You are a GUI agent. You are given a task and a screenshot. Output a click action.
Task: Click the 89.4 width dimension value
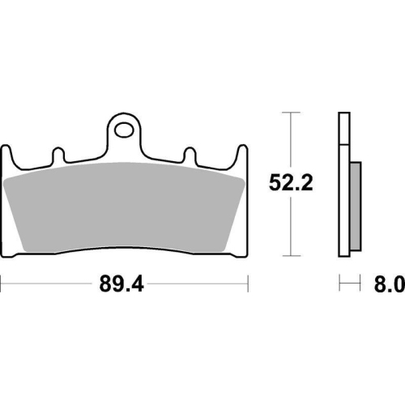click(x=122, y=283)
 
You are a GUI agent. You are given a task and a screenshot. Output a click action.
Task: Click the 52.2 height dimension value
click(x=291, y=183)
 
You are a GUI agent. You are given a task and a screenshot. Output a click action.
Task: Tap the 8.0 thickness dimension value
click(x=390, y=283)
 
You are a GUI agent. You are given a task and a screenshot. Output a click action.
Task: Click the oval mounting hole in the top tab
click(x=124, y=130)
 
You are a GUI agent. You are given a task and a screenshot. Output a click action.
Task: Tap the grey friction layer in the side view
click(x=356, y=207)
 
